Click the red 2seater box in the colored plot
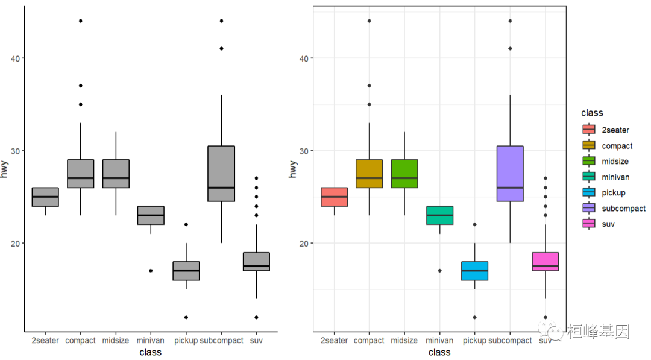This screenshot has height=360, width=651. tap(334, 197)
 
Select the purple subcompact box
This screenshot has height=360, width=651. tap(510, 174)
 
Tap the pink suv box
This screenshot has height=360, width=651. tap(546, 262)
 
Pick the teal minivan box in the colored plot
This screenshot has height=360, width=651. tap(439, 215)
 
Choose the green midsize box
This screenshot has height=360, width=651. tap(404, 174)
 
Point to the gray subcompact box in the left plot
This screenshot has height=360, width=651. tap(221, 174)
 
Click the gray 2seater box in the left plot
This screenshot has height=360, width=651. tap(45, 197)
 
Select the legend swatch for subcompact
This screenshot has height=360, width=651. tap(588, 208)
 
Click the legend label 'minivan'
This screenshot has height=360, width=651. tap(615, 177)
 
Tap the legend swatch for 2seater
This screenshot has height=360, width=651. tap(588, 130)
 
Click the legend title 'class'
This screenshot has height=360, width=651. tap(592, 113)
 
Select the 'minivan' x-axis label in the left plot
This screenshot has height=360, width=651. tap(150, 341)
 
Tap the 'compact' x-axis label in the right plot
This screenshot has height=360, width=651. tap(369, 341)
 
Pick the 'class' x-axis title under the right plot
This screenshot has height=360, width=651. tap(439, 352)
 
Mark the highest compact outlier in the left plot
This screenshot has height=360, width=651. tap(80, 21)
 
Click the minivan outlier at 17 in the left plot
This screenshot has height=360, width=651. tap(151, 271)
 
